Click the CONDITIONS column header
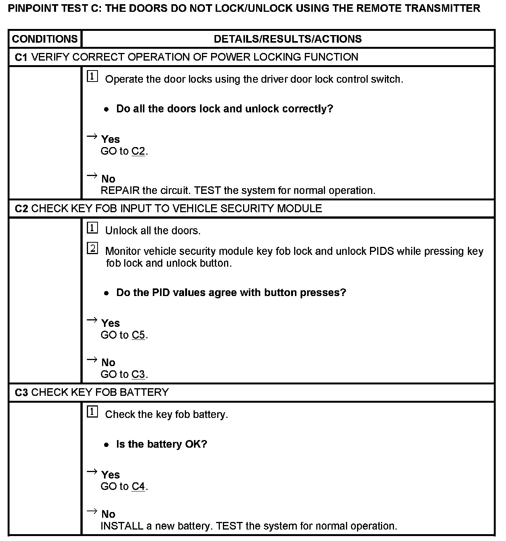click(x=45, y=39)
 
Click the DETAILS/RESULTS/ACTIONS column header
click(x=288, y=39)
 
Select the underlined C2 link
click(x=138, y=151)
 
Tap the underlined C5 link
click(x=138, y=335)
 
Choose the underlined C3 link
click(x=138, y=374)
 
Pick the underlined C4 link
click(x=138, y=487)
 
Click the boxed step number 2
click(x=93, y=249)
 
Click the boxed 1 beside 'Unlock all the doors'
click(x=93, y=228)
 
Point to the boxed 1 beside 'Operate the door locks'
click(x=93, y=77)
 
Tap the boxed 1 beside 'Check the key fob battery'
click(x=93, y=412)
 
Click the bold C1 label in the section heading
click(x=21, y=57)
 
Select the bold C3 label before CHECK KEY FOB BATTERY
click(x=21, y=392)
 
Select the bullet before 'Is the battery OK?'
click(x=107, y=445)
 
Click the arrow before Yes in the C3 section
click(x=92, y=472)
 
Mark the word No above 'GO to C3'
click(x=108, y=362)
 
